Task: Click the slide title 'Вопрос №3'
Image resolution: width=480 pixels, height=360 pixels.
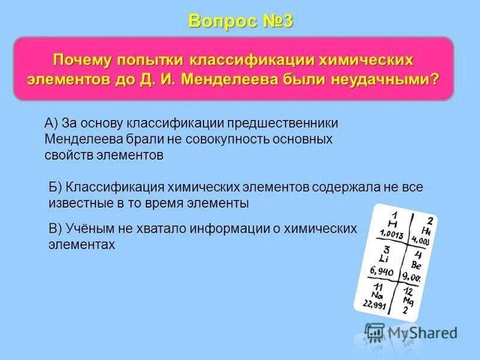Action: click(x=240, y=20)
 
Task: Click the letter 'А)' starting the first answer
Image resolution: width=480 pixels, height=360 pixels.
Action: click(x=51, y=123)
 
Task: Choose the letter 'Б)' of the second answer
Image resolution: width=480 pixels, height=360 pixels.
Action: click(x=55, y=187)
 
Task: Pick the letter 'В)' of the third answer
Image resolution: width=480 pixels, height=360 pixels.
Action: click(x=55, y=229)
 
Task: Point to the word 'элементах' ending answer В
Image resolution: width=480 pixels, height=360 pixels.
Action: click(x=81, y=245)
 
